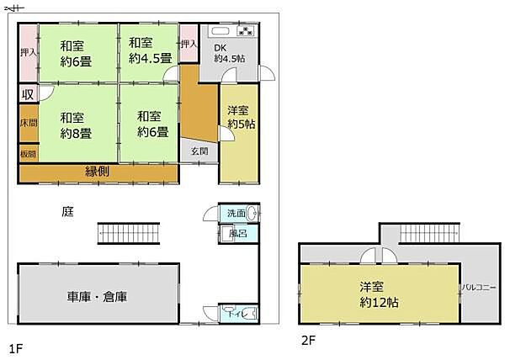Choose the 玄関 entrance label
click(198, 151)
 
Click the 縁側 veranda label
click(98, 172)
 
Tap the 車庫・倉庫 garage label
click(98, 296)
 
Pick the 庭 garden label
click(66, 211)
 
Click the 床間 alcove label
click(28, 124)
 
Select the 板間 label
click(28, 153)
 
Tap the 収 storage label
click(28, 93)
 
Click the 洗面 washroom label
click(234, 214)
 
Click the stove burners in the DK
click(245, 33)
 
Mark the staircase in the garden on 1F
click(129, 232)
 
